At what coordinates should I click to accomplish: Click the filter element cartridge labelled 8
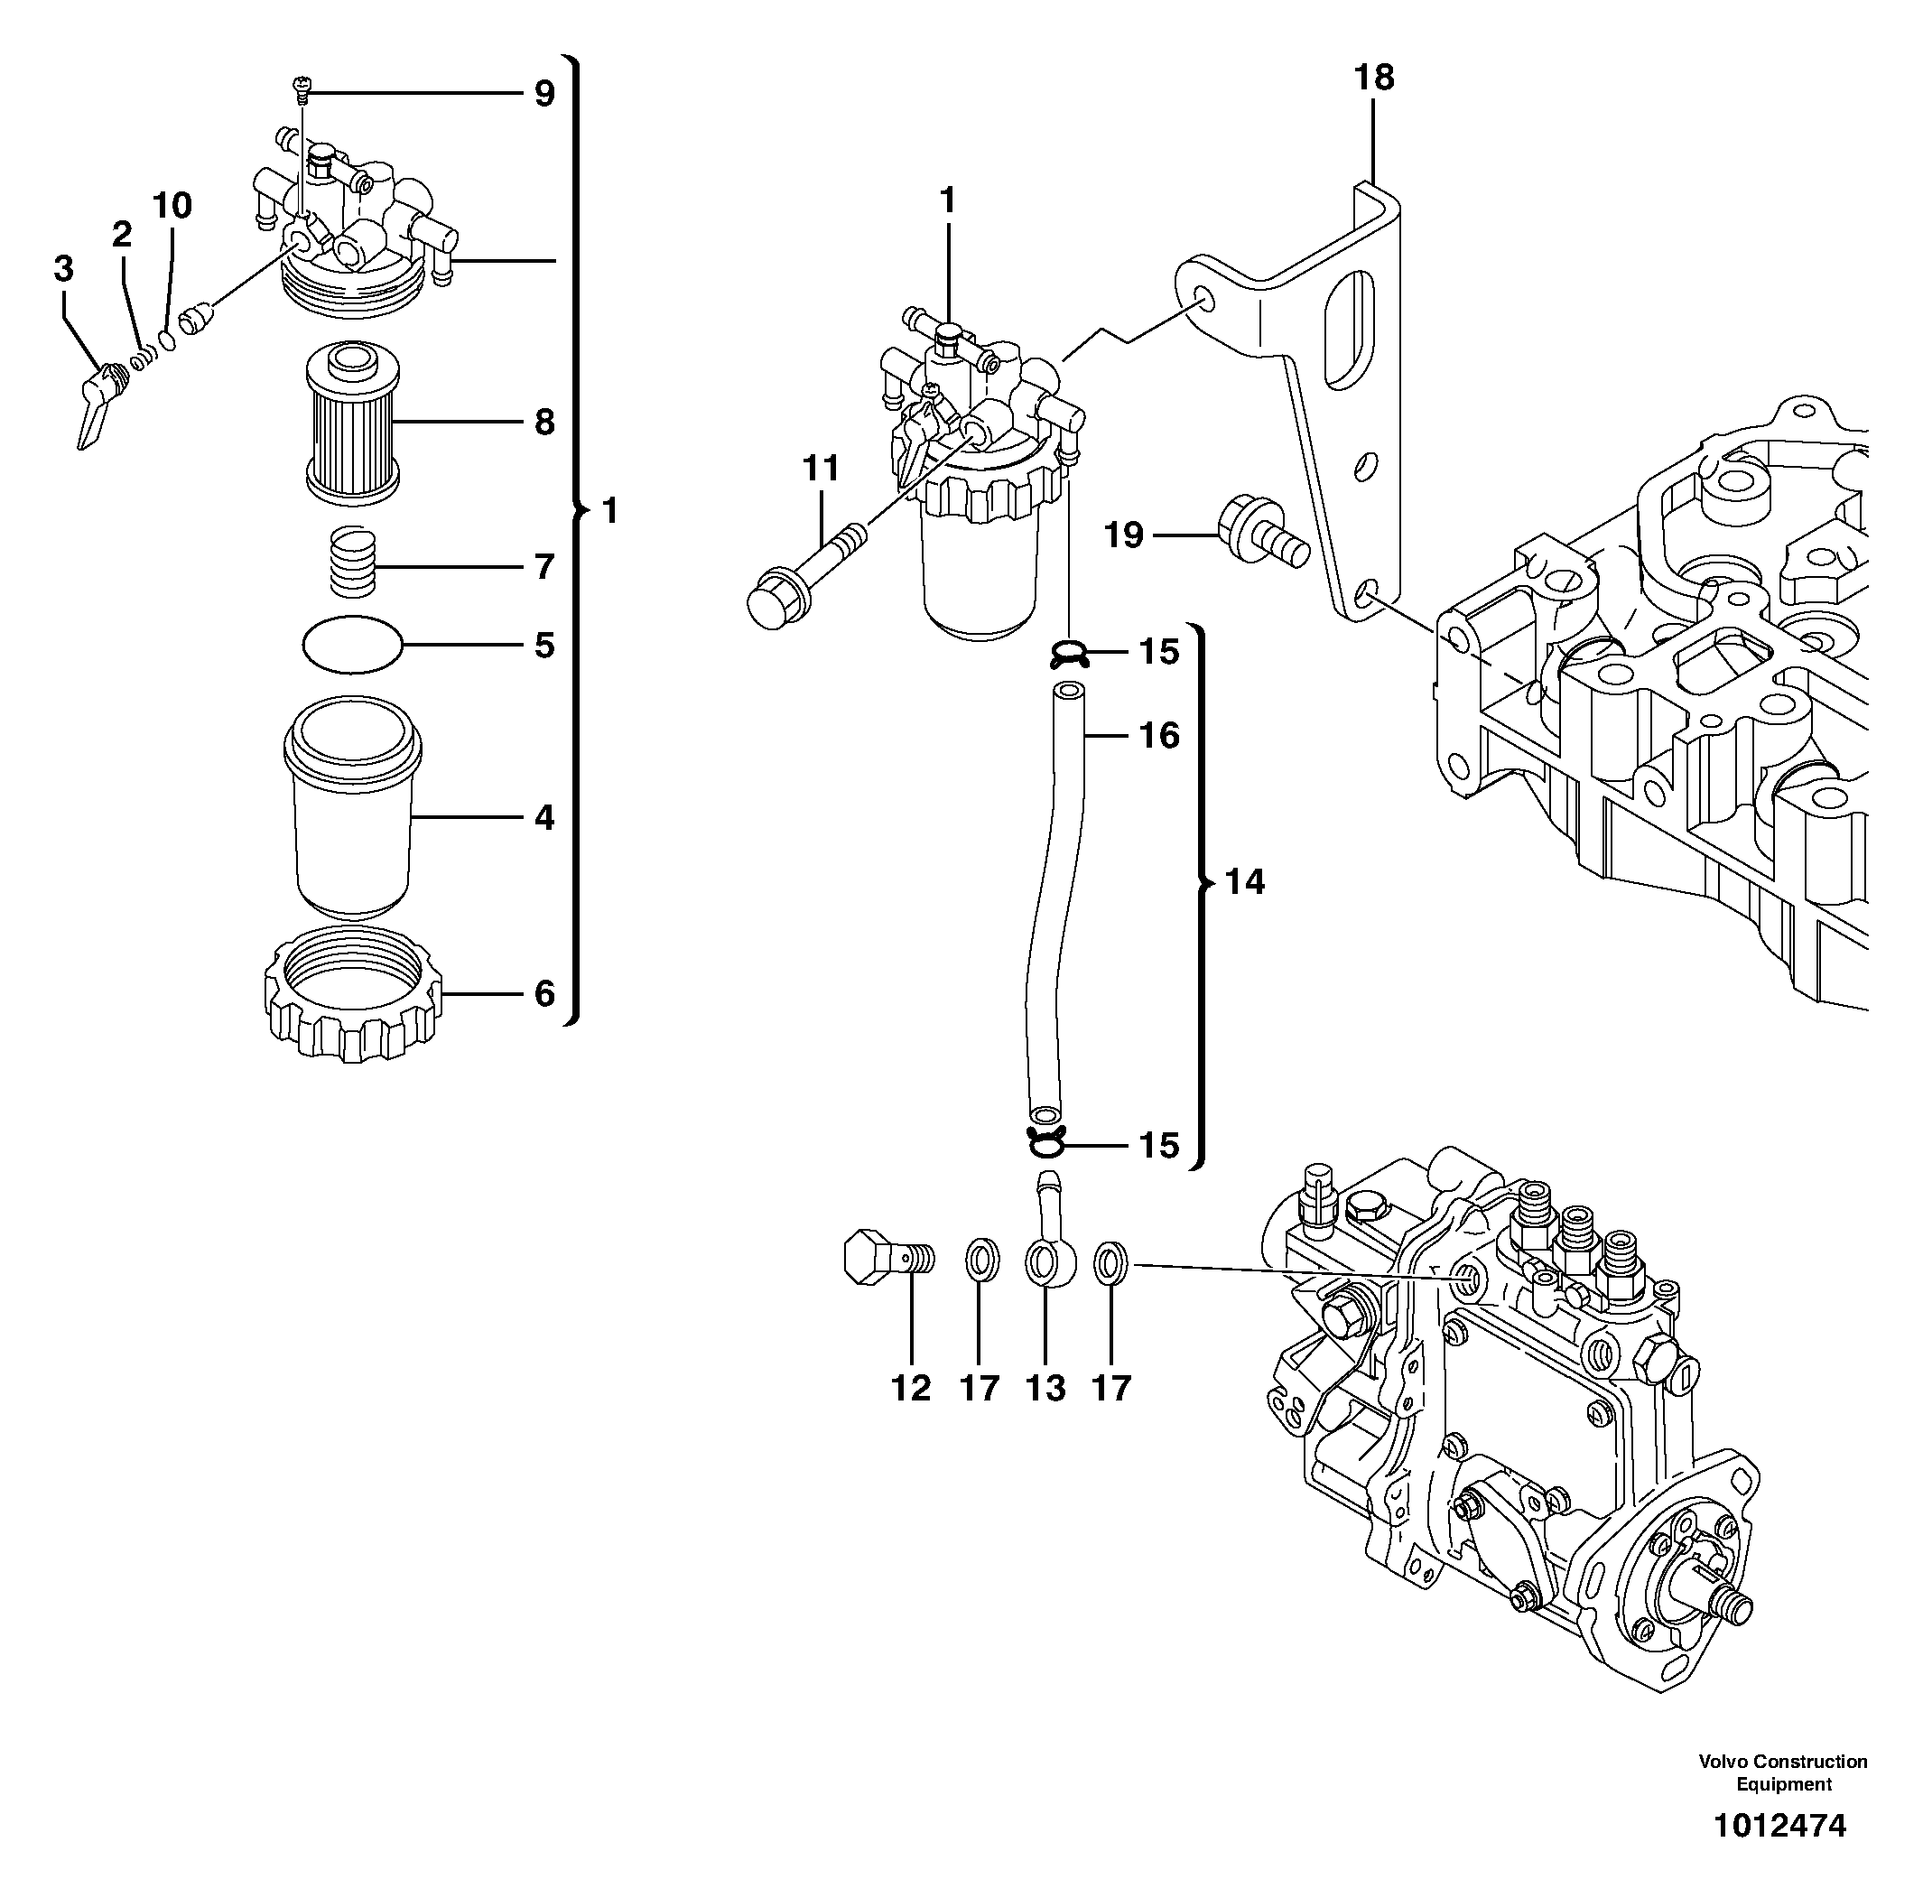coord(352,423)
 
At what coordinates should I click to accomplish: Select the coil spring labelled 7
coord(353,563)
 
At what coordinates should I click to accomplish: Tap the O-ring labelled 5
coord(353,645)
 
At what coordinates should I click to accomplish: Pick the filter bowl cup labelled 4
coord(353,811)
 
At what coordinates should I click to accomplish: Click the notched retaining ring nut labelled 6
coord(353,995)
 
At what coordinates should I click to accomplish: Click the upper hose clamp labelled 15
coord(1069,654)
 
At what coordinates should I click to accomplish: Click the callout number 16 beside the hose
coord(1158,736)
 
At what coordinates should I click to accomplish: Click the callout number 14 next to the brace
coord(1244,882)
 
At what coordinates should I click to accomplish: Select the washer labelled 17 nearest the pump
coord(1110,1264)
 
